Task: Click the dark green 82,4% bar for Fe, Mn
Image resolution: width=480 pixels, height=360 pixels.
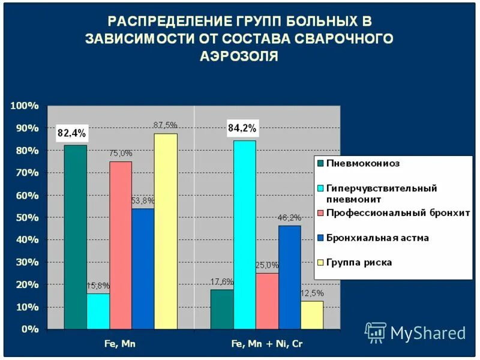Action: pos(76,237)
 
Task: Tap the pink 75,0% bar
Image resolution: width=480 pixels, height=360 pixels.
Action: pos(121,245)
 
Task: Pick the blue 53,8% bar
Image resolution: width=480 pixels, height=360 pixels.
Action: pos(143,268)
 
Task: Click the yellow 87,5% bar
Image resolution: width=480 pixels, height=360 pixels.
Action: pos(166,231)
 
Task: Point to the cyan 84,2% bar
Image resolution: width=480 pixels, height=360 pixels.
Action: pos(245,235)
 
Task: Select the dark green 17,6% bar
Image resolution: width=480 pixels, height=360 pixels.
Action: pos(222,309)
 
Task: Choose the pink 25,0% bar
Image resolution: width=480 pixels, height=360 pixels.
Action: pos(267,301)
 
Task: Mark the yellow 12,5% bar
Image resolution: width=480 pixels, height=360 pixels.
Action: pos(312,314)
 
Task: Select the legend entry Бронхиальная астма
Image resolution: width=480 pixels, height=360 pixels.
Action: pos(377,238)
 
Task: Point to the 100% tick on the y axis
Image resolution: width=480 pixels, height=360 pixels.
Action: pos(25,106)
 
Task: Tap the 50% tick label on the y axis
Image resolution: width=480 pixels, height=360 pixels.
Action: pos(27,218)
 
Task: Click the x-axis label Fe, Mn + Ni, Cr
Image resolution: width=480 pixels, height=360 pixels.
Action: pos(267,344)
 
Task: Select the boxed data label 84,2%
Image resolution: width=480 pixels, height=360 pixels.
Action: pos(242,128)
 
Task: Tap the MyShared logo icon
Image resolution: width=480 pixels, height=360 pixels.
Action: pos(376,332)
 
